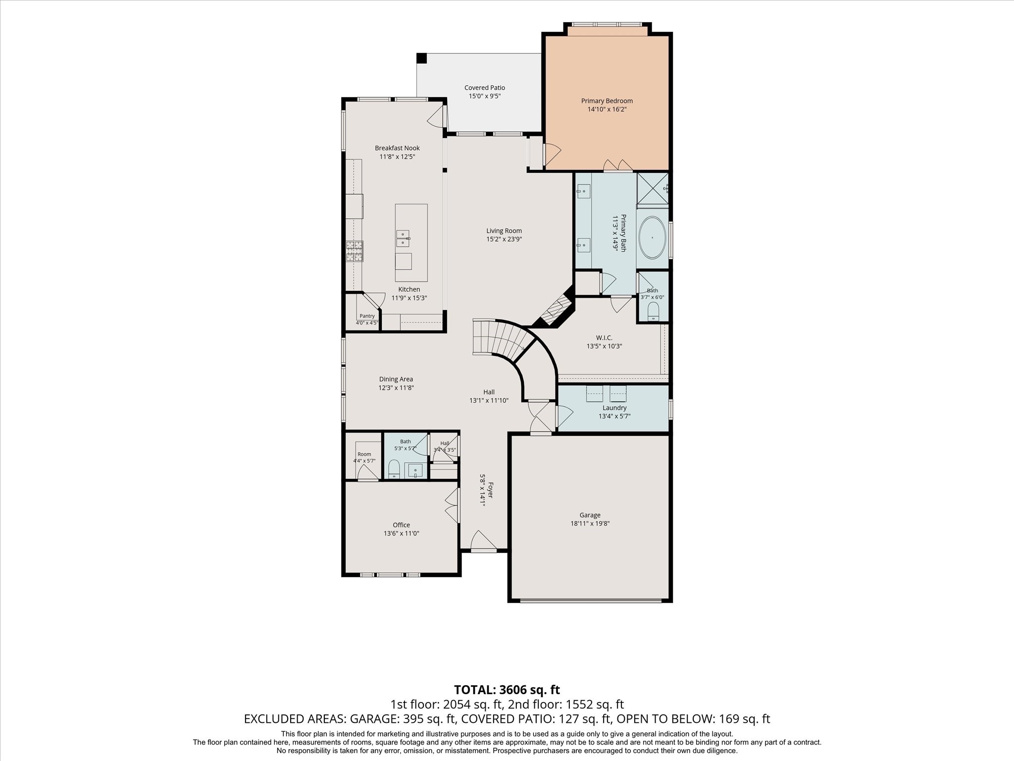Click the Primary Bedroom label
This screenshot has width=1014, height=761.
pos(607,101)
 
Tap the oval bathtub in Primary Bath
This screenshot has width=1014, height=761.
pos(653,238)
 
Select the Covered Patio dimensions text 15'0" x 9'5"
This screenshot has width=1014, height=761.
pos(485,96)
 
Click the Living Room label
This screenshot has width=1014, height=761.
pos(504,230)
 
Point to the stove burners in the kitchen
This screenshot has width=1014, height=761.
pos(354,251)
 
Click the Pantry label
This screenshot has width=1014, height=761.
pos(367,316)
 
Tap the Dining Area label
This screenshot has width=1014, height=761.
pos(396,379)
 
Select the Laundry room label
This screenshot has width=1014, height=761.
pos(614,408)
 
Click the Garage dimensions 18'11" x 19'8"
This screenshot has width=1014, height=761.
pos(590,523)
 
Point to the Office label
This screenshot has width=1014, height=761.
pos(402,525)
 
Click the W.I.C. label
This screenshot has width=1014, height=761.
pos(604,338)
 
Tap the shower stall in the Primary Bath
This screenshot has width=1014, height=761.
pos(653,188)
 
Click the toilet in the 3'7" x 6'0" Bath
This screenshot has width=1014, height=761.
pos(653,311)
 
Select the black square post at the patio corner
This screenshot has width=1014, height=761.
pos(421,58)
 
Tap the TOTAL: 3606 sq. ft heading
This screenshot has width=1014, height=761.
pos(507,690)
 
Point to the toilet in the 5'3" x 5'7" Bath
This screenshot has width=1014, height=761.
pos(394,468)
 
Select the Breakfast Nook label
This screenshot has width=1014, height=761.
pos(397,148)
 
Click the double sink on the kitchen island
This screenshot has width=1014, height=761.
pos(403,238)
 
